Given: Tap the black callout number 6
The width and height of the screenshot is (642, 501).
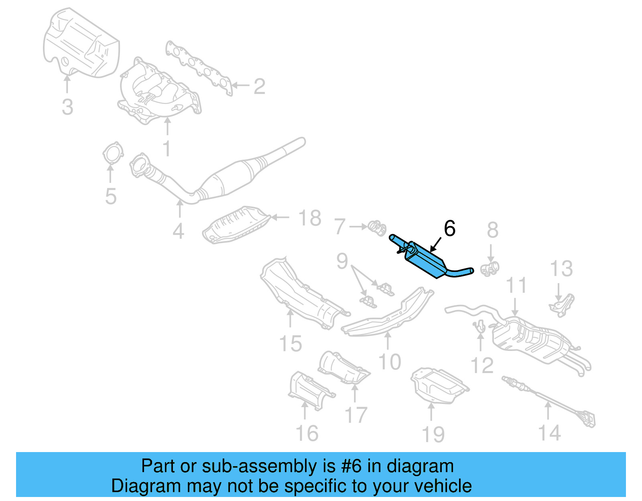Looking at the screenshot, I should (x=449, y=229).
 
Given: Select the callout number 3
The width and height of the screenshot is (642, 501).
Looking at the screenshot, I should (x=67, y=107).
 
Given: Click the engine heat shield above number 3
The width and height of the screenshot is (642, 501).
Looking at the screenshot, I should (x=80, y=44).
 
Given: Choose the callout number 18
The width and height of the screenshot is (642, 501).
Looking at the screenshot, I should (x=309, y=219).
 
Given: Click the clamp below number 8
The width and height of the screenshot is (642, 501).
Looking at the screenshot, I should (x=490, y=268).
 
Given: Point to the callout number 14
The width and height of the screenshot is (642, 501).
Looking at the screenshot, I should (x=549, y=433).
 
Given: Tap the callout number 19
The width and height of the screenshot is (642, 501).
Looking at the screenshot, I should (x=433, y=435).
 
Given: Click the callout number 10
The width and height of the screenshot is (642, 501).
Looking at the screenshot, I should (x=389, y=362).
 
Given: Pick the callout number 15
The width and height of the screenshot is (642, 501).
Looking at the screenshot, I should (x=290, y=344).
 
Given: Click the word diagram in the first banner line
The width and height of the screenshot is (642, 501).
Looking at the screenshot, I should (x=420, y=467).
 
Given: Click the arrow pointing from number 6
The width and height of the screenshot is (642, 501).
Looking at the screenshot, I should (x=435, y=244).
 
